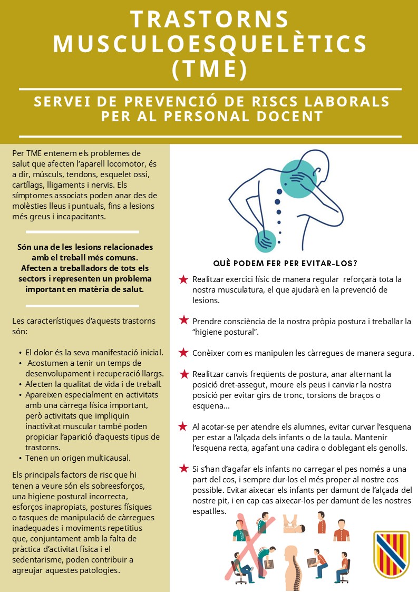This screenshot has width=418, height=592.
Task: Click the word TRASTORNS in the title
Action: pos(209,19)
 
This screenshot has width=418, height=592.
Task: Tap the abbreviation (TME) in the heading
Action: pos(209,69)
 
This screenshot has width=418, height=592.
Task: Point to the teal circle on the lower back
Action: pos(265,241)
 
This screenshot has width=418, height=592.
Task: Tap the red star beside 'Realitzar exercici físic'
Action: pos(183,279)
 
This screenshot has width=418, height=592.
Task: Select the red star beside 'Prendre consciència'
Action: pos(183,320)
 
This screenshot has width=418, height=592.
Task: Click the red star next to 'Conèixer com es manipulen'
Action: pos(183,352)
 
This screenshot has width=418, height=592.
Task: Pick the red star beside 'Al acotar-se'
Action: pos(183,426)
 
